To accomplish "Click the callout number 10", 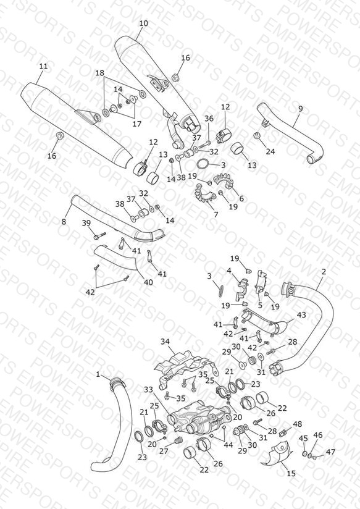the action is (143, 23).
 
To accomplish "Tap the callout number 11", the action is (43, 66).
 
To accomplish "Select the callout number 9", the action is (300, 109).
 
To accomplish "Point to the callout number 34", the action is (165, 342).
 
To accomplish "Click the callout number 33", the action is (148, 389).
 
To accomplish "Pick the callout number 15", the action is (291, 473).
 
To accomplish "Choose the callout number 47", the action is (330, 452).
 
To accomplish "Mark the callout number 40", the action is (148, 282).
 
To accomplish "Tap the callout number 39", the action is (86, 223).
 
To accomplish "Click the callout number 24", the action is (270, 151).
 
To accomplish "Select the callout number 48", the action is (298, 424).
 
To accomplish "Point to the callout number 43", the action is (301, 314).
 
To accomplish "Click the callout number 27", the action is (164, 451).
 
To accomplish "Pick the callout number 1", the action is (98, 374).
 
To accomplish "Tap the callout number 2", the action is (324, 272).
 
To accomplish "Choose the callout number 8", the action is (64, 222).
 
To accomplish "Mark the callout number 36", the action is (209, 119).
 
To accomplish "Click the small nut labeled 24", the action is (257, 135).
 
